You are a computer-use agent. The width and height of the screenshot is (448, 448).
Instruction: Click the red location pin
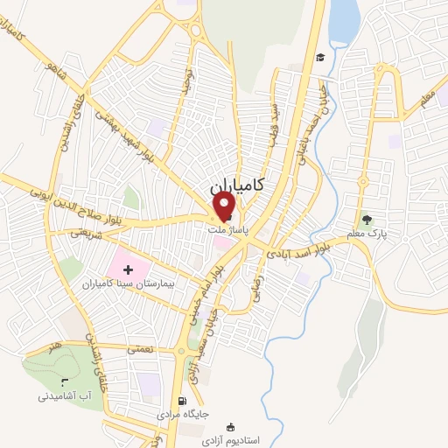tap(225, 206)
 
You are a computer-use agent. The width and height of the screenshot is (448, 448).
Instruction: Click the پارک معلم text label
tap(383, 234)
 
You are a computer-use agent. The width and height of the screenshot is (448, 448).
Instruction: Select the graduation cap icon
tap(321, 58)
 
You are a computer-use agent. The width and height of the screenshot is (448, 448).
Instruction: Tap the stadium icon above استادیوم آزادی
tap(230, 426)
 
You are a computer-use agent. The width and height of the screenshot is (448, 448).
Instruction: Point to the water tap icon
tap(66, 381)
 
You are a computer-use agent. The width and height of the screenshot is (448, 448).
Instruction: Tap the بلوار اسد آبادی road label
tap(311, 246)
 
